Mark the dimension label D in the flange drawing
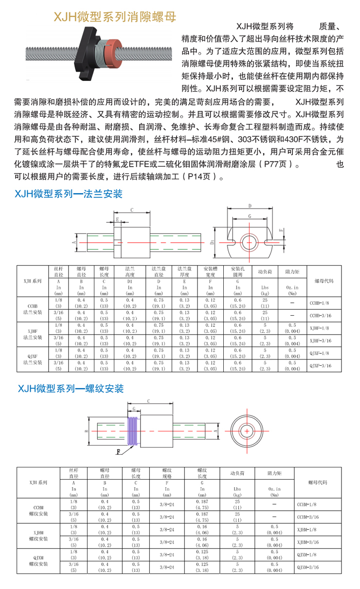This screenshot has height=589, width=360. pyautogui.click(x=249, y=206)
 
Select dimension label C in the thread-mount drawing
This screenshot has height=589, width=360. pyautogui.click(x=148, y=400)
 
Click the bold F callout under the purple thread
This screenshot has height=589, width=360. pyautogui.click(x=118, y=451)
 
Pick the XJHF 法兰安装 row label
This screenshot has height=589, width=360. pyautogui.click(x=36, y=334)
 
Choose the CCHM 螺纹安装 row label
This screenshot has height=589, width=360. pyautogui.click(x=38, y=511)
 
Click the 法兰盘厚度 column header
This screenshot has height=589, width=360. pyautogui.click(x=184, y=271)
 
